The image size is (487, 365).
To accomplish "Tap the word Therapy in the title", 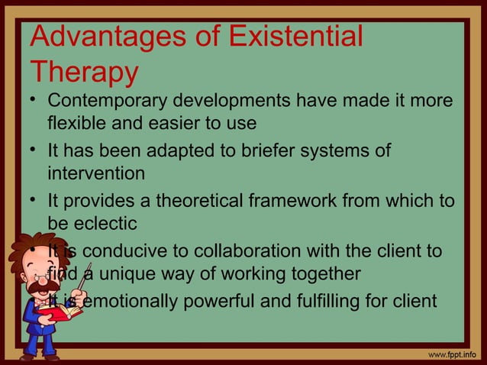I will (x=85, y=73).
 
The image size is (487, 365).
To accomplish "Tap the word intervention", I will (x=96, y=173).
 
